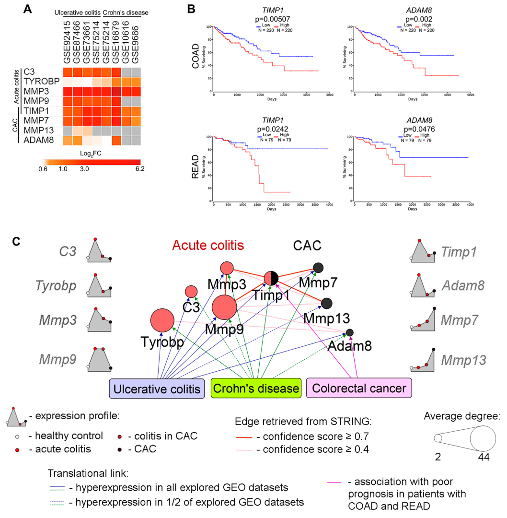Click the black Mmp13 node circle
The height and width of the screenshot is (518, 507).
(326, 303)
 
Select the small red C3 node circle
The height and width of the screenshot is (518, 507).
(191, 291)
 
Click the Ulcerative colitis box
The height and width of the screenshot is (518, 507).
(157, 388)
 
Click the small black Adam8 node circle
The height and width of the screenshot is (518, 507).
(350, 332)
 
